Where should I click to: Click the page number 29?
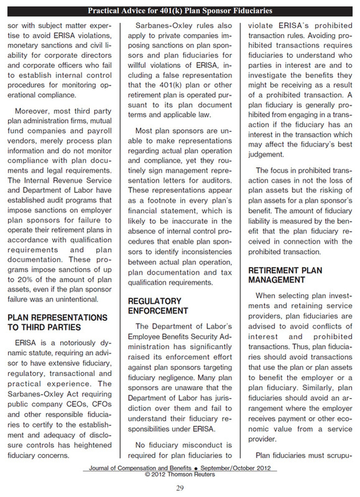(180, 488)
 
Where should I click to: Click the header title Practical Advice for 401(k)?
(180, 11)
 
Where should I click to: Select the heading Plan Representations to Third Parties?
(57, 322)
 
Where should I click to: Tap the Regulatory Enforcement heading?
(158, 306)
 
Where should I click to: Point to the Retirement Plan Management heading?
(285, 275)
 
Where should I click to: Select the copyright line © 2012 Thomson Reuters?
(180, 474)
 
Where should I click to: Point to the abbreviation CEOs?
(83, 394)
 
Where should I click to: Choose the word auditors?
(217, 180)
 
